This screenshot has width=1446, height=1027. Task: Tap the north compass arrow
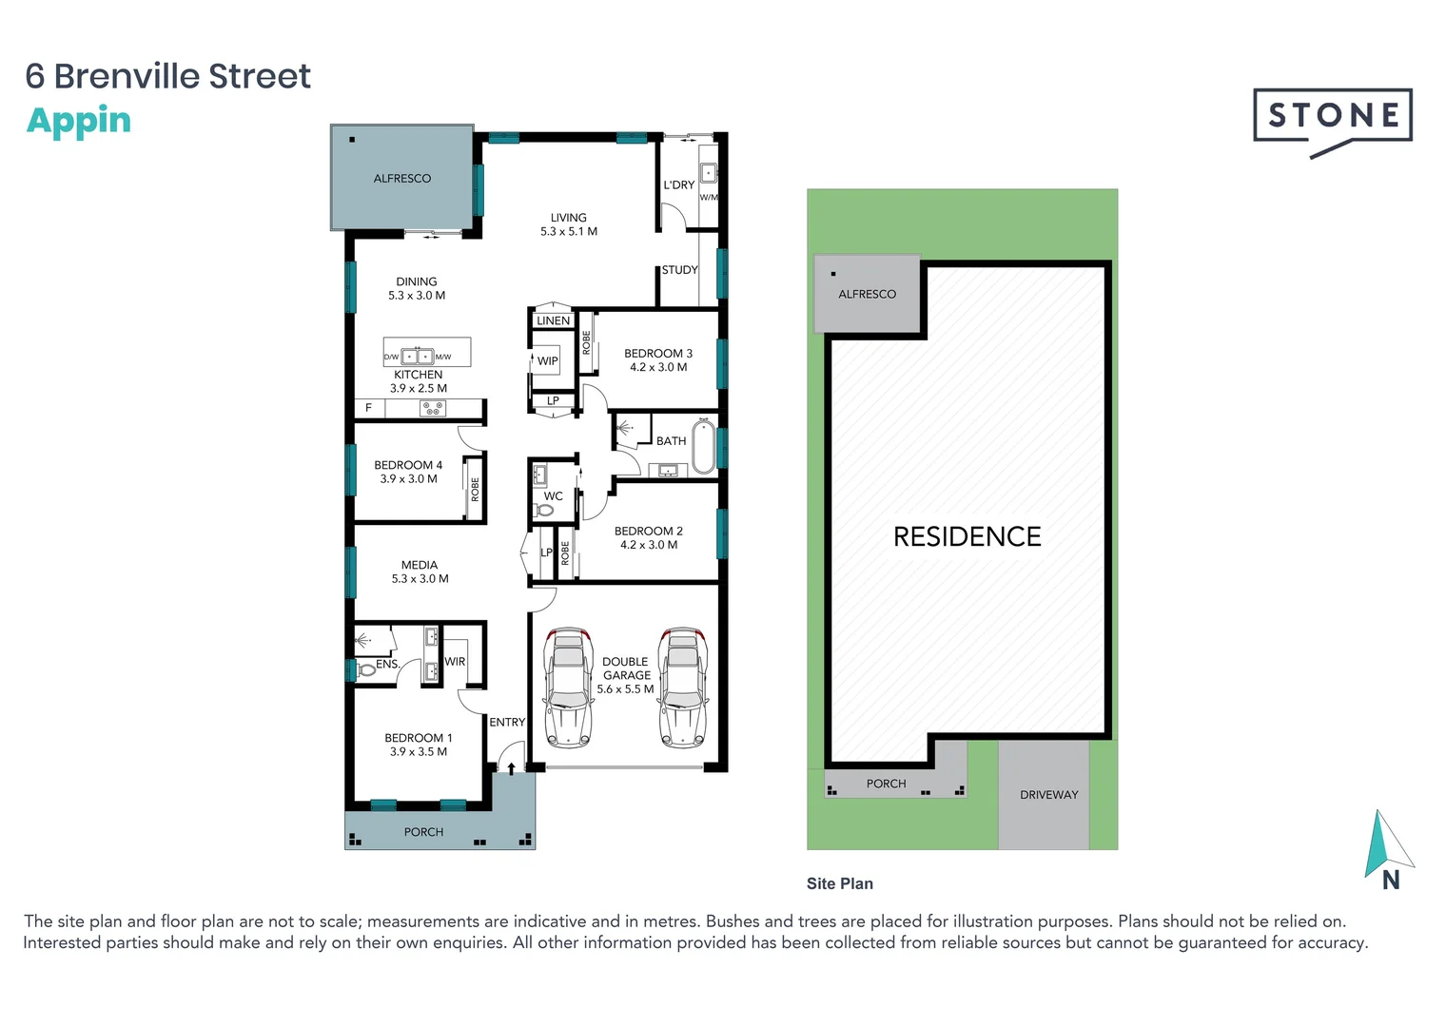point(1384,844)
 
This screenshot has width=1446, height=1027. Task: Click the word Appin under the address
point(78,121)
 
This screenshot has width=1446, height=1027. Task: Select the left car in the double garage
point(568,688)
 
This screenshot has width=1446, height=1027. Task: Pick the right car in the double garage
point(683,688)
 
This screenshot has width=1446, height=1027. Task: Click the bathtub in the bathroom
point(703,446)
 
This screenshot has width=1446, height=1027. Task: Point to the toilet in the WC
point(544,511)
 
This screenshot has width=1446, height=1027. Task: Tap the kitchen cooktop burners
point(433,409)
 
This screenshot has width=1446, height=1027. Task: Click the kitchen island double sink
point(417,357)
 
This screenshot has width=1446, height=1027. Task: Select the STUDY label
point(679,270)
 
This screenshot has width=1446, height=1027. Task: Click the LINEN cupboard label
point(553,320)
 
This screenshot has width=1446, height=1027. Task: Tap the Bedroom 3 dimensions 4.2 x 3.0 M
point(658,367)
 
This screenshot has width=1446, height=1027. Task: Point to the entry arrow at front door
point(511,767)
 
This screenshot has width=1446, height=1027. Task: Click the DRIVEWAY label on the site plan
point(1048,795)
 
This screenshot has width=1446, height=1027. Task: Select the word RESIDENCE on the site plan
point(967,537)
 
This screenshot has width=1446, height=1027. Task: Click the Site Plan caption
point(839,883)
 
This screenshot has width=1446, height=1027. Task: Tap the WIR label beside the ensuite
point(455,662)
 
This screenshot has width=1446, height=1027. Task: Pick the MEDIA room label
point(420,565)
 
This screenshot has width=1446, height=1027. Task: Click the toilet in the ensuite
point(365,670)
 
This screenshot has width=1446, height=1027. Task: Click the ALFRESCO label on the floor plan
point(401,179)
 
